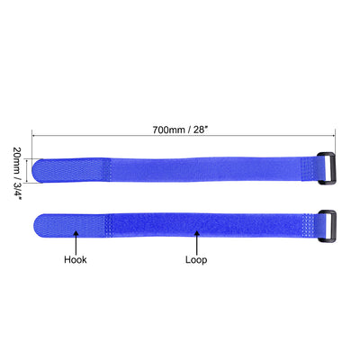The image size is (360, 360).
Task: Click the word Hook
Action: (x=75, y=261)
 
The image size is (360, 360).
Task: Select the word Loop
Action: (x=197, y=261)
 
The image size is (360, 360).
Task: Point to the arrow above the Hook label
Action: (x=76, y=240)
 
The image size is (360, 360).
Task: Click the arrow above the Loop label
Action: (x=197, y=240)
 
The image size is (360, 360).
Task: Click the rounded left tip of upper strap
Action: (x=39, y=168)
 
